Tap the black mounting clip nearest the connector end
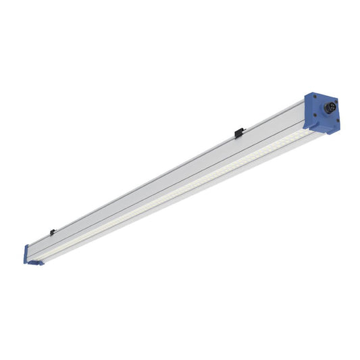click(238, 134)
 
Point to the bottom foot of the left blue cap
click(33, 262)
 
